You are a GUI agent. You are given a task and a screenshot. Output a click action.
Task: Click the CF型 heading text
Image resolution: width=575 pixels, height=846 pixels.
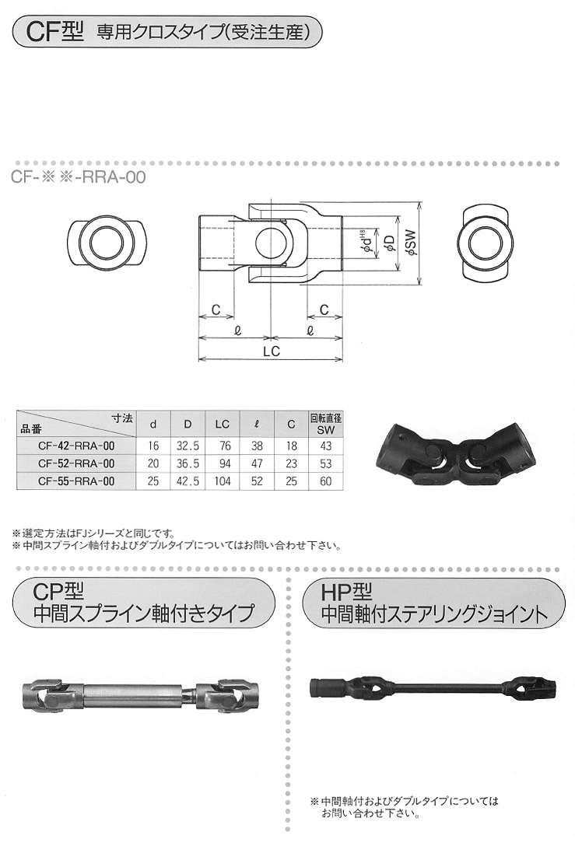pos(55,33)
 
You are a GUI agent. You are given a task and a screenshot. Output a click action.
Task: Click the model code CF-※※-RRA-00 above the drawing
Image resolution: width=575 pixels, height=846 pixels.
pos(79,177)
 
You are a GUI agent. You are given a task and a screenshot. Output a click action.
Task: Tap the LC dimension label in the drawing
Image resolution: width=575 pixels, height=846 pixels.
pos(272,351)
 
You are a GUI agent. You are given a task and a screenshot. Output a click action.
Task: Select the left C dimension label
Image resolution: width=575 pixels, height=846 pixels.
pos(216,309)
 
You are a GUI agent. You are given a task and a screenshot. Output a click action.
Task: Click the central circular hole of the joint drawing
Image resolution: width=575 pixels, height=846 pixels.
pos(269,243)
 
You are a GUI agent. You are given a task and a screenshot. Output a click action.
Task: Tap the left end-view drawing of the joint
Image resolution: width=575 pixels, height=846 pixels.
pos(108,243)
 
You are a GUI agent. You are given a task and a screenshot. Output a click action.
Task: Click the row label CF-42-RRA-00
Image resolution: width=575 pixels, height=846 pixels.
pos(77,446)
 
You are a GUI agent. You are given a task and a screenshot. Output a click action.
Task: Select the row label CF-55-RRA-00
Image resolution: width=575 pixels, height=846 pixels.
pos(77,481)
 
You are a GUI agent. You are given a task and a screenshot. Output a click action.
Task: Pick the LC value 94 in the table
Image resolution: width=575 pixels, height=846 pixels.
pos(223,463)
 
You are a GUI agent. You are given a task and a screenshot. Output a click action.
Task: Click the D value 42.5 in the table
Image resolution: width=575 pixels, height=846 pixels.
pos(188,481)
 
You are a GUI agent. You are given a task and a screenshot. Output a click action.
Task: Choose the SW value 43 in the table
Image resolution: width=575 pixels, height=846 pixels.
pos(325,446)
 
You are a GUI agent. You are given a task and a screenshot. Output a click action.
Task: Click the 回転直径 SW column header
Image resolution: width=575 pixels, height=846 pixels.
pos(325,424)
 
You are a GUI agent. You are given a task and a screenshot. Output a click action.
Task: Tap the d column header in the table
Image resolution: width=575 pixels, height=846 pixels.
pos(153,425)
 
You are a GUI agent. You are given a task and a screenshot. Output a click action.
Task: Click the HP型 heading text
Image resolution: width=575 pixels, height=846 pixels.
pos(346,593)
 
